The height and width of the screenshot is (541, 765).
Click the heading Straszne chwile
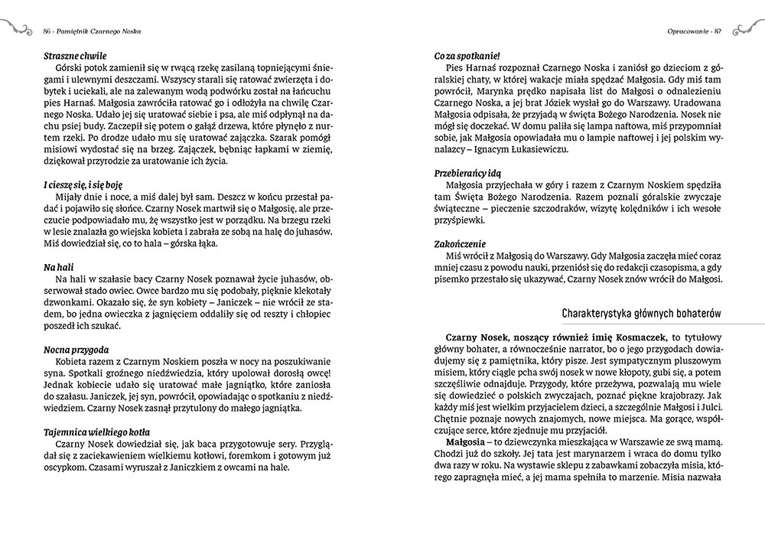[75, 56]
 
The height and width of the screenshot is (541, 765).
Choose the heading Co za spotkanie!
[467, 56]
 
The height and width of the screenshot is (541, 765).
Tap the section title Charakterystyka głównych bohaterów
[642, 314]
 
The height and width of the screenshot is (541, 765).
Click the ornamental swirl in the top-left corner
[17, 28]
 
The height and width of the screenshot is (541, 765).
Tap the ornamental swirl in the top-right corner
[747, 28]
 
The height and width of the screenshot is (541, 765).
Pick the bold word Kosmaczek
[634, 336]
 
